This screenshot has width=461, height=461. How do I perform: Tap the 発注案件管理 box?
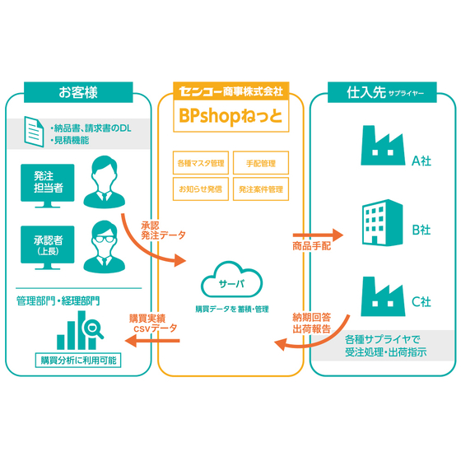point(260,189)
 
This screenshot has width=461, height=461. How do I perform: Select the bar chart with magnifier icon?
point(78,331)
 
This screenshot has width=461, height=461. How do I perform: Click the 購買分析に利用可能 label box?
point(78,361)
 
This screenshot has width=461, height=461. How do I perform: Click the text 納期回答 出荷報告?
point(311,323)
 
